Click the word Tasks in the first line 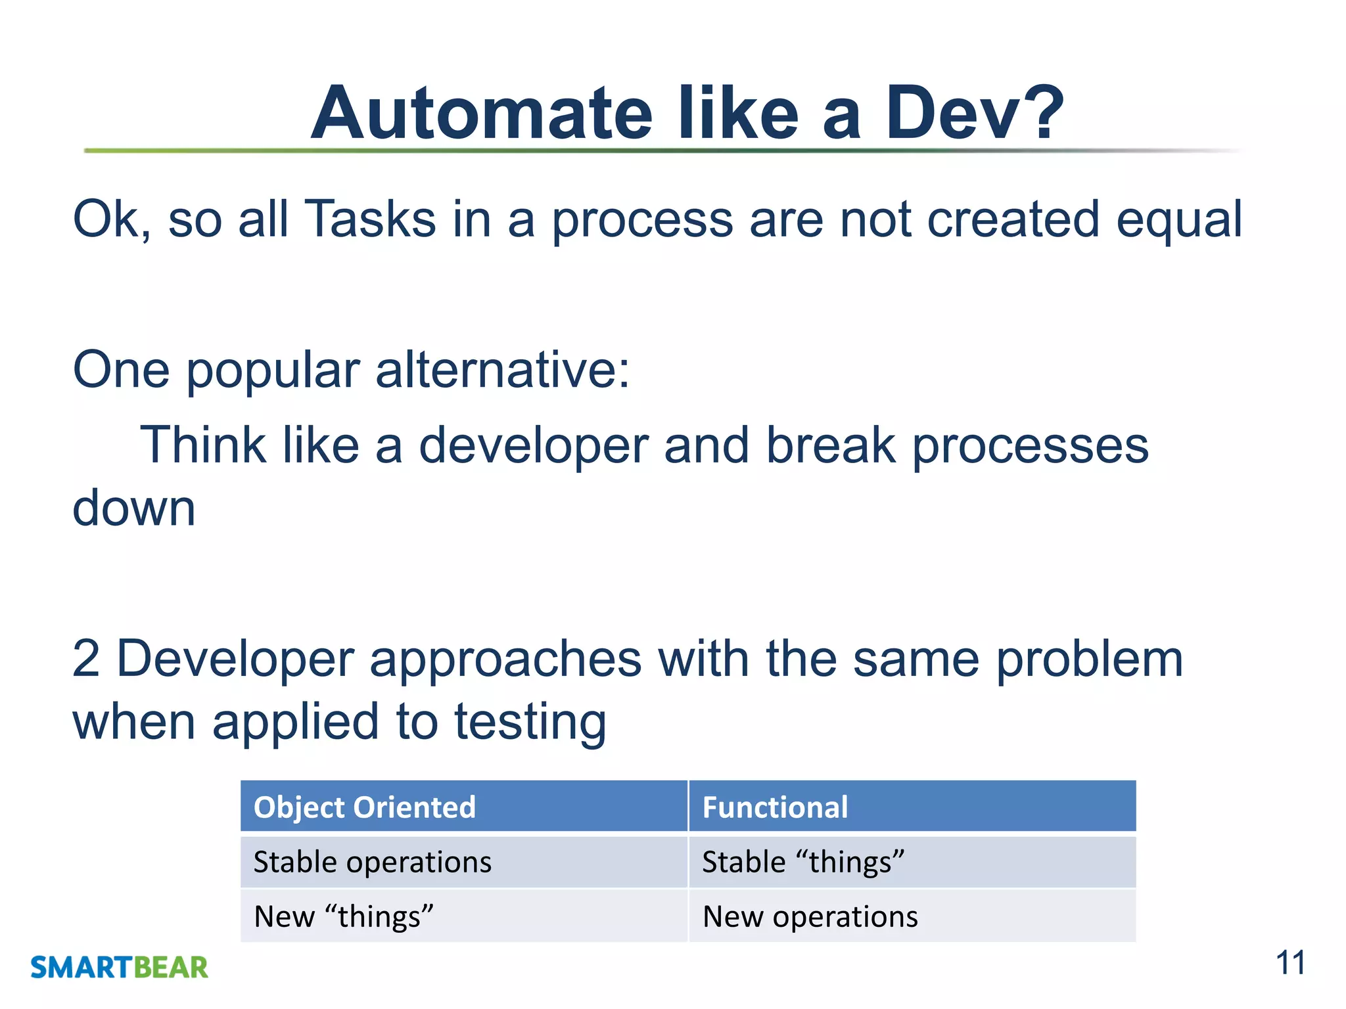(371, 219)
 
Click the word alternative (502, 370)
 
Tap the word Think (203, 445)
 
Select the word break (831, 445)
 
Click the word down (134, 508)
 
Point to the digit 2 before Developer (86, 659)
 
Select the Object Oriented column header (365, 807)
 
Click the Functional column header (775, 807)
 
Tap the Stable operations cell (373, 862)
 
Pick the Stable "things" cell (803, 862)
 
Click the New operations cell (810, 916)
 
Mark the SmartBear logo (119, 967)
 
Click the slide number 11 (1290, 964)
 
